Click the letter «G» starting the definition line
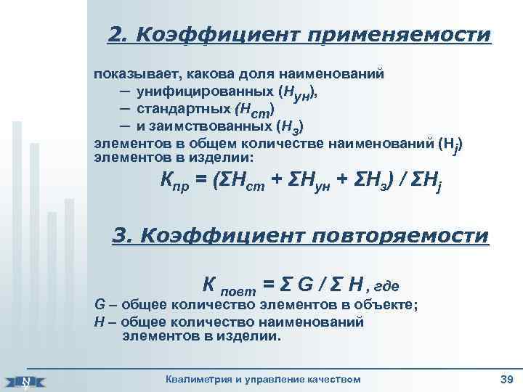point(100,304)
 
